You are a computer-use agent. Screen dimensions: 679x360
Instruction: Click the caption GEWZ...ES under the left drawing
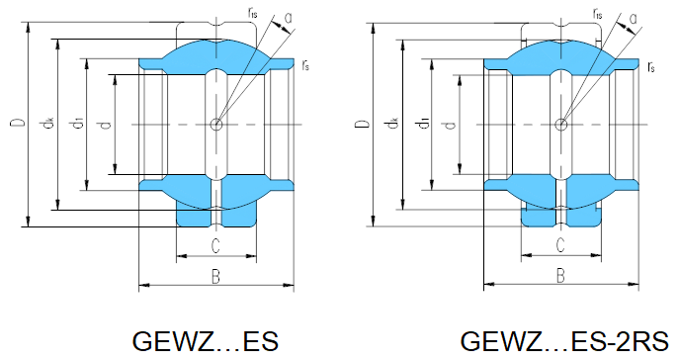pyautogui.click(x=206, y=341)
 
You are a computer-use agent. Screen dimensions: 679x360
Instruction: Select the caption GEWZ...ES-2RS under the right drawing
pyautogui.click(x=564, y=341)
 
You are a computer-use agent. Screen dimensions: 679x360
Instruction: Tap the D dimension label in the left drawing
pyautogui.click(x=18, y=123)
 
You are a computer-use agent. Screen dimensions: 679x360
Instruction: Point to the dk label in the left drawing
pyautogui.click(x=48, y=124)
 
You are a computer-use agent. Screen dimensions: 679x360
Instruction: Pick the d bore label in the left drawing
pyautogui.click(x=105, y=126)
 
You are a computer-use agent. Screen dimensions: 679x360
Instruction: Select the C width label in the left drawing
pyautogui.click(x=215, y=245)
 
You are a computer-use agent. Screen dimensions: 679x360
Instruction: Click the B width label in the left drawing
pyautogui.click(x=215, y=276)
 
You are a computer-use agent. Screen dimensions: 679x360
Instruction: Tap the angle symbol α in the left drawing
pyautogui.click(x=289, y=18)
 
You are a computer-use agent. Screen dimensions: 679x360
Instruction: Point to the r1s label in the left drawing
pyautogui.click(x=253, y=13)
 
